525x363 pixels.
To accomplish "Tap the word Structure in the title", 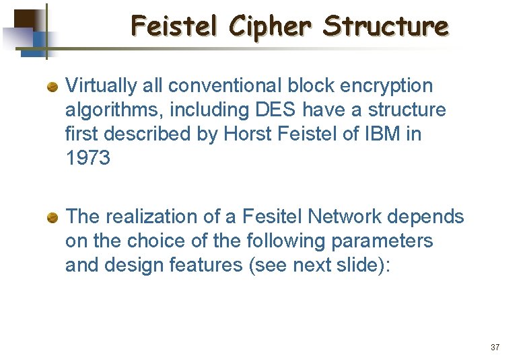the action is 385,26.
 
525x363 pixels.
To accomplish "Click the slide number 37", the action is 495,348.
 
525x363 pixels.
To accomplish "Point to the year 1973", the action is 87,159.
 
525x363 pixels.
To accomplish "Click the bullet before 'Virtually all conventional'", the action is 52,87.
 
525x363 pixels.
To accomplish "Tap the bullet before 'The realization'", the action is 52,217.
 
